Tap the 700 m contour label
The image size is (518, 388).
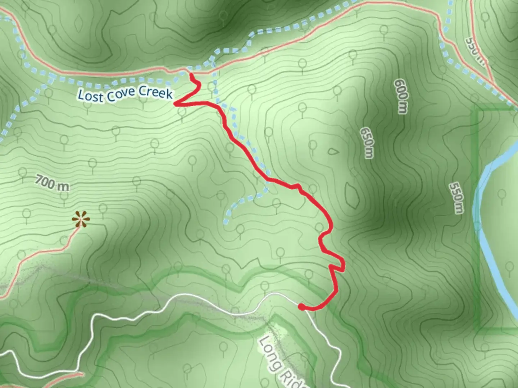pyautogui.click(x=52, y=183)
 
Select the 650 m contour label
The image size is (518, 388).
pyautogui.click(x=367, y=143)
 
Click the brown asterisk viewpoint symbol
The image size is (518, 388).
pyautogui.click(x=80, y=219)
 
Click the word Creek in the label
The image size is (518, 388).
pyautogui.click(x=156, y=92)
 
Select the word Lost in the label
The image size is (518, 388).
pyautogui.click(x=86, y=96)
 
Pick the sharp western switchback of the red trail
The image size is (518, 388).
pyautogui.click(x=176, y=104)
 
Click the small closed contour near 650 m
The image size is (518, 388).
pyautogui.click(x=333, y=151)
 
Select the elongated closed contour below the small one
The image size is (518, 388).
pyautogui.click(x=352, y=195)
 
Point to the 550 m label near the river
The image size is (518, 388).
pyautogui.click(x=456, y=198)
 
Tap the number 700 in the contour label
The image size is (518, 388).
pyautogui.click(x=45, y=181)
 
